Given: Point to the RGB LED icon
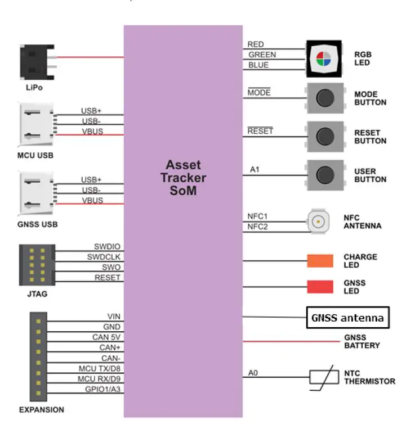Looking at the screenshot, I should [323, 58].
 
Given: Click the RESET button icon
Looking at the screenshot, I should [325, 137].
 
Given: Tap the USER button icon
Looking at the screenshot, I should [325, 175].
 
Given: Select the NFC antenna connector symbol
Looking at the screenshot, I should [319, 221].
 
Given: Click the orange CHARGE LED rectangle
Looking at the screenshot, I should [320, 261].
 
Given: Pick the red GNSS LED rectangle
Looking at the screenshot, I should [320, 287].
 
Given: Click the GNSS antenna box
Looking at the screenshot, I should [347, 318].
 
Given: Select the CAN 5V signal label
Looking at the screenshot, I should [106, 337].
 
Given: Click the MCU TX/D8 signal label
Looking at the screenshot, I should [100, 368].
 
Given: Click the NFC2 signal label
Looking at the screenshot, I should [257, 227].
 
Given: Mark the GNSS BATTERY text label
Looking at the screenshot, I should [362, 341].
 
